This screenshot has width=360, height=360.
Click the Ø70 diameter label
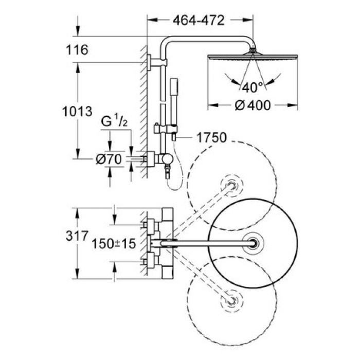tap(108, 160)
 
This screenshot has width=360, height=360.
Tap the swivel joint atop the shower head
tap(253, 50)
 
